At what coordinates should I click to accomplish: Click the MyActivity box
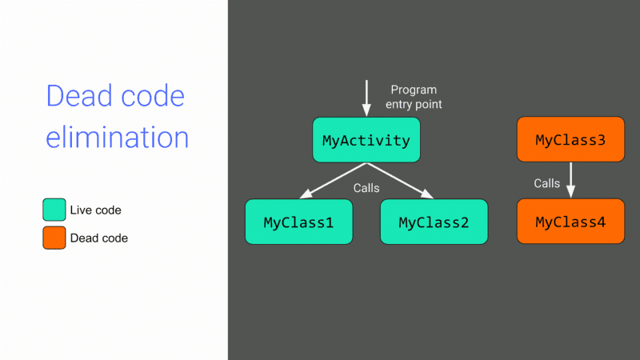point(366,140)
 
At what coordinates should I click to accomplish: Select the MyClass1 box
point(298,222)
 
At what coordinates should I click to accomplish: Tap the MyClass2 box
point(434,222)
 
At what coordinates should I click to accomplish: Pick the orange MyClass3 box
point(570,139)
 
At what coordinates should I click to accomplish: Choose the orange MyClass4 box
point(570,222)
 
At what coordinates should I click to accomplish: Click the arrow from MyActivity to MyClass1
point(333,181)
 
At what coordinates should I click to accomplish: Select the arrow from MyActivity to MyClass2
point(400,181)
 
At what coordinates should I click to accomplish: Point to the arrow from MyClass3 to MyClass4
point(570,180)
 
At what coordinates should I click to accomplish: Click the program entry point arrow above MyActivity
point(366,98)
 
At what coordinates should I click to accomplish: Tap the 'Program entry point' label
point(414,97)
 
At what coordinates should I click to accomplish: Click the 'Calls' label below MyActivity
point(366,188)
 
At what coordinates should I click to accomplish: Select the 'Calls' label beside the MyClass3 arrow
point(546,183)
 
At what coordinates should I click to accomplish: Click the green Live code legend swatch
point(54,210)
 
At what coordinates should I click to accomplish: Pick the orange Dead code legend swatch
point(54,238)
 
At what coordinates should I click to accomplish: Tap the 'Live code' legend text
point(95,210)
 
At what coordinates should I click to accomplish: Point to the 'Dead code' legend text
point(98,238)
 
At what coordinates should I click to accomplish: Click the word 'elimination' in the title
point(117,137)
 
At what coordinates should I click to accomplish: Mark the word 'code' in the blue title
point(153,96)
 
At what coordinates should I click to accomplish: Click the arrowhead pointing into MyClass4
point(570,192)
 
